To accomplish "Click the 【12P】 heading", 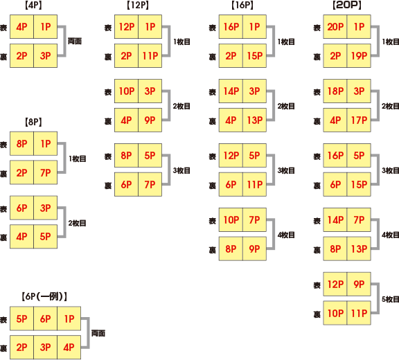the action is click(x=138, y=6).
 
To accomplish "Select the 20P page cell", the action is click(x=335, y=27).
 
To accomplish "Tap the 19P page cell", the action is click(x=359, y=55).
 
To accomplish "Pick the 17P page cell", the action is click(x=359, y=120).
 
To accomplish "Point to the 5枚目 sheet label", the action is click(x=391, y=299).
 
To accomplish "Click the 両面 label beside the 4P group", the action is click(x=75, y=41).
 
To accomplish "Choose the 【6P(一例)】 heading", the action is click(x=44, y=296).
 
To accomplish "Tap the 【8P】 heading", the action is click(x=33, y=123).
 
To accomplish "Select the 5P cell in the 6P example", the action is click(x=21, y=318).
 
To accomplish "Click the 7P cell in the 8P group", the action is click(x=45, y=172).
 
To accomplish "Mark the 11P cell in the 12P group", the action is click(x=150, y=55).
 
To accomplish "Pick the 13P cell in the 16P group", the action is click(x=254, y=120).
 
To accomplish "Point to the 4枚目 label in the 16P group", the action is click(x=286, y=235).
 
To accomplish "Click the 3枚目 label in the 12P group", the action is click(x=181, y=170).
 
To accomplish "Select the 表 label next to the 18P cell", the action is click(x=317, y=92).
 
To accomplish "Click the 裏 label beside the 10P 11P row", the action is click(x=317, y=314).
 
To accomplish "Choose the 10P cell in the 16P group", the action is click(x=231, y=219).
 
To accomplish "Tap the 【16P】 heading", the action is click(x=242, y=6).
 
